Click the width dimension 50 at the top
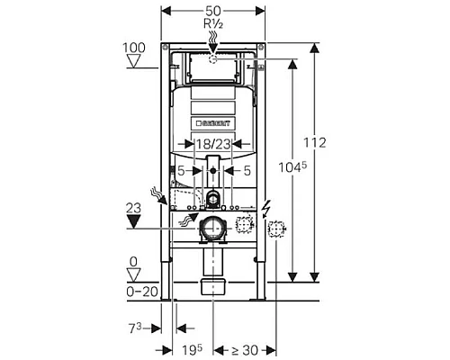[212, 8]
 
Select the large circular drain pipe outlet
[212, 229]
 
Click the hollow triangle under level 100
[134, 62]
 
